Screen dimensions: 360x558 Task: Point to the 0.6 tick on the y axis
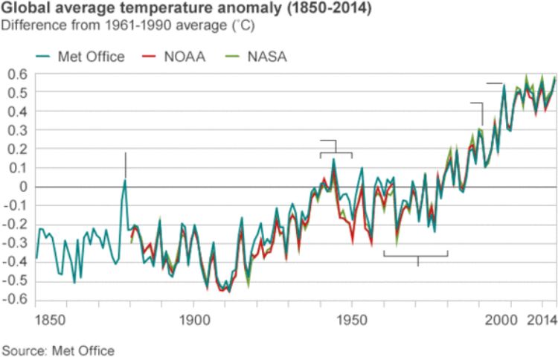coord(15,74)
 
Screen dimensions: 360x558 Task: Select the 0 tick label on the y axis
coord(22,187)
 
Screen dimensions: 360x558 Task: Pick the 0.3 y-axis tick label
coord(15,130)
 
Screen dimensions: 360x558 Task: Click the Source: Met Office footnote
coord(58,350)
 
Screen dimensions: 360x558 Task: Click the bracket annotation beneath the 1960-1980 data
coord(417,256)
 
